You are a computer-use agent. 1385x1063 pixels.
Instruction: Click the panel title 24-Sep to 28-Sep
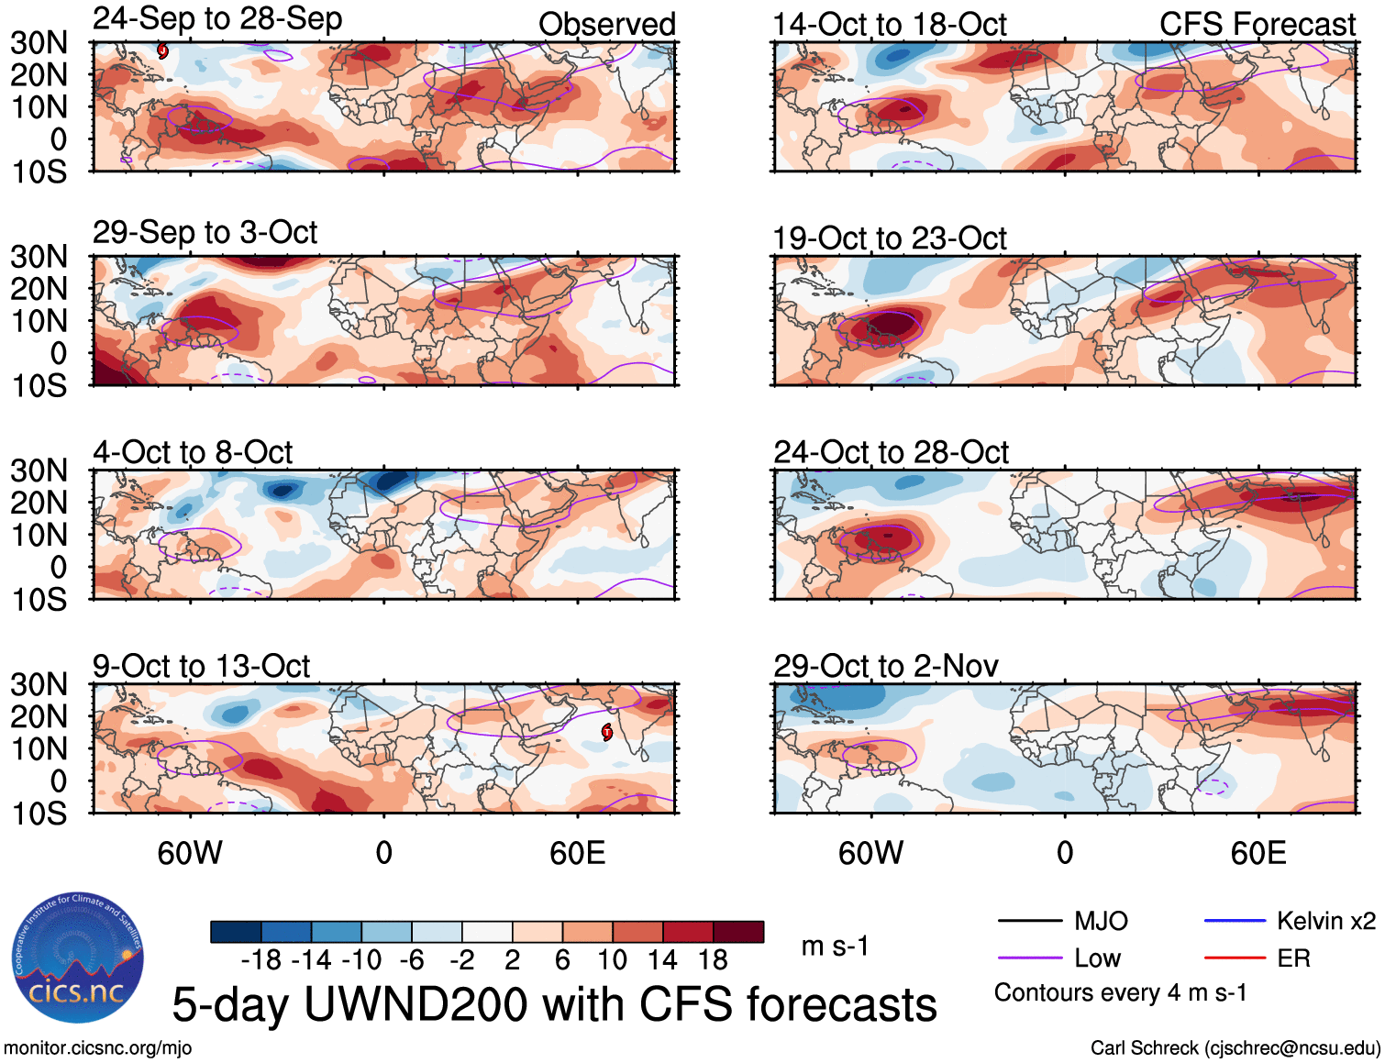click(x=217, y=19)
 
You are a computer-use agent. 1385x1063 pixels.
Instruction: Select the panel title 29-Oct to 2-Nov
click(x=885, y=666)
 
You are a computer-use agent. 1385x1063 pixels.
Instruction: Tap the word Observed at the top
click(x=606, y=24)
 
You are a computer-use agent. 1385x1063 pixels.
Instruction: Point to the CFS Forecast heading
click(x=1257, y=24)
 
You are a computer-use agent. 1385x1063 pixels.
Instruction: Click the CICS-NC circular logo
click(x=78, y=958)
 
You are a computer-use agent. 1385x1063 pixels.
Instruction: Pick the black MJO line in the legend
click(x=1029, y=921)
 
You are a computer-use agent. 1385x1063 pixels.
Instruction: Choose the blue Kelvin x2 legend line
click(x=1235, y=921)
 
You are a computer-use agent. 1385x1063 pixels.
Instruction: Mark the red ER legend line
click(x=1235, y=958)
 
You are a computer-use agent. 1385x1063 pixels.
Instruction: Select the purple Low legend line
click(x=1029, y=958)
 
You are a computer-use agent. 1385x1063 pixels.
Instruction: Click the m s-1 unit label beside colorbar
click(x=835, y=946)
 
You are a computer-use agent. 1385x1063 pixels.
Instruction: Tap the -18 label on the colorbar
click(x=261, y=960)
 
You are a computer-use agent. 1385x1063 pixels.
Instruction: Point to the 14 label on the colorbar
click(x=662, y=960)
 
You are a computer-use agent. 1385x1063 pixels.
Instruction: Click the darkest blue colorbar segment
click(x=236, y=932)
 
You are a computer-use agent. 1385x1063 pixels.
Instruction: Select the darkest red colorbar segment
click(x=738, y=932)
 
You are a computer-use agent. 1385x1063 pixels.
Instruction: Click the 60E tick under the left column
click(x=577, y=853)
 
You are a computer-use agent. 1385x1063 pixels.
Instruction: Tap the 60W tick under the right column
click(x=870, y=853)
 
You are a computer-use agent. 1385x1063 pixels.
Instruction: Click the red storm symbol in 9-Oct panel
click(x=606, y=731)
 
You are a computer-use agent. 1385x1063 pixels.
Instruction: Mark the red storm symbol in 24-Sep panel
click(x=162, y=50)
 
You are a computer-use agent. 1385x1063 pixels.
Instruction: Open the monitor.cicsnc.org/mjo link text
click(x=97, y=1047)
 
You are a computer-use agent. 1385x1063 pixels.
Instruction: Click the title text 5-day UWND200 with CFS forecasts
click(x=554, y=1004)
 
